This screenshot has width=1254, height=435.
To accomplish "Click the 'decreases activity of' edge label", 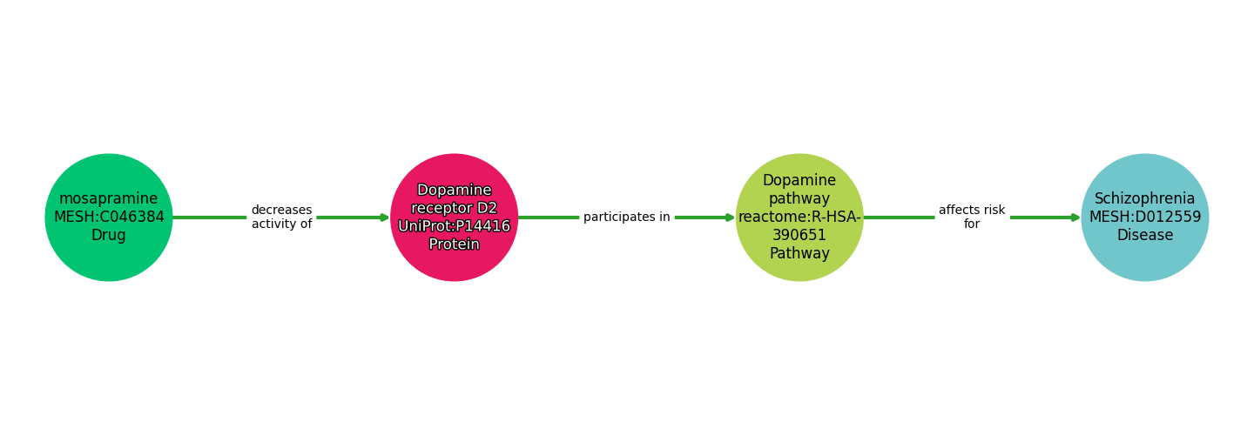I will [x=281, y=217].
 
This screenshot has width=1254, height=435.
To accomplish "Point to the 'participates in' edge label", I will [x=627, y=217].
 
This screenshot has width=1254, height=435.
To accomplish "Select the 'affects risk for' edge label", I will [x=972, y=217].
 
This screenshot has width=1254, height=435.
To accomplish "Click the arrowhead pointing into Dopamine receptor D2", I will [x=385, y=217].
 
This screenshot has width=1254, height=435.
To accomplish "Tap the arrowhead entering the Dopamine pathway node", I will [x=731, y=217].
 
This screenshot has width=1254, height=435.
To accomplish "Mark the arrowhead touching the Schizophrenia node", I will [x=1075, y=217].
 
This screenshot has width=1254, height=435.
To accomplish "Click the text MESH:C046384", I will [x=109, y=217].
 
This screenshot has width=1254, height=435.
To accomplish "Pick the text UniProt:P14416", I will [x=455, y=226].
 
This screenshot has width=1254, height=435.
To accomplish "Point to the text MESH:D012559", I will [x=1145, y=217].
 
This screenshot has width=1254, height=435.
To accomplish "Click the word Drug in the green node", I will [x=109, y=236].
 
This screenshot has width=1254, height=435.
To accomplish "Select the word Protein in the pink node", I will [x=455, y=244].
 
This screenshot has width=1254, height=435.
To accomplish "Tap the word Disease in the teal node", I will [x=1145, y=236].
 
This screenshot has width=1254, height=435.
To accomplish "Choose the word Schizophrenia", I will [x=1145, y=199].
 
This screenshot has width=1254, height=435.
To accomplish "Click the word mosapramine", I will [x=109, y=199].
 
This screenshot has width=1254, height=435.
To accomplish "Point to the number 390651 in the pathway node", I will [x=799, y=236].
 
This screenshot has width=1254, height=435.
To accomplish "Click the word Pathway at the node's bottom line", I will [x=799, y=254].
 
